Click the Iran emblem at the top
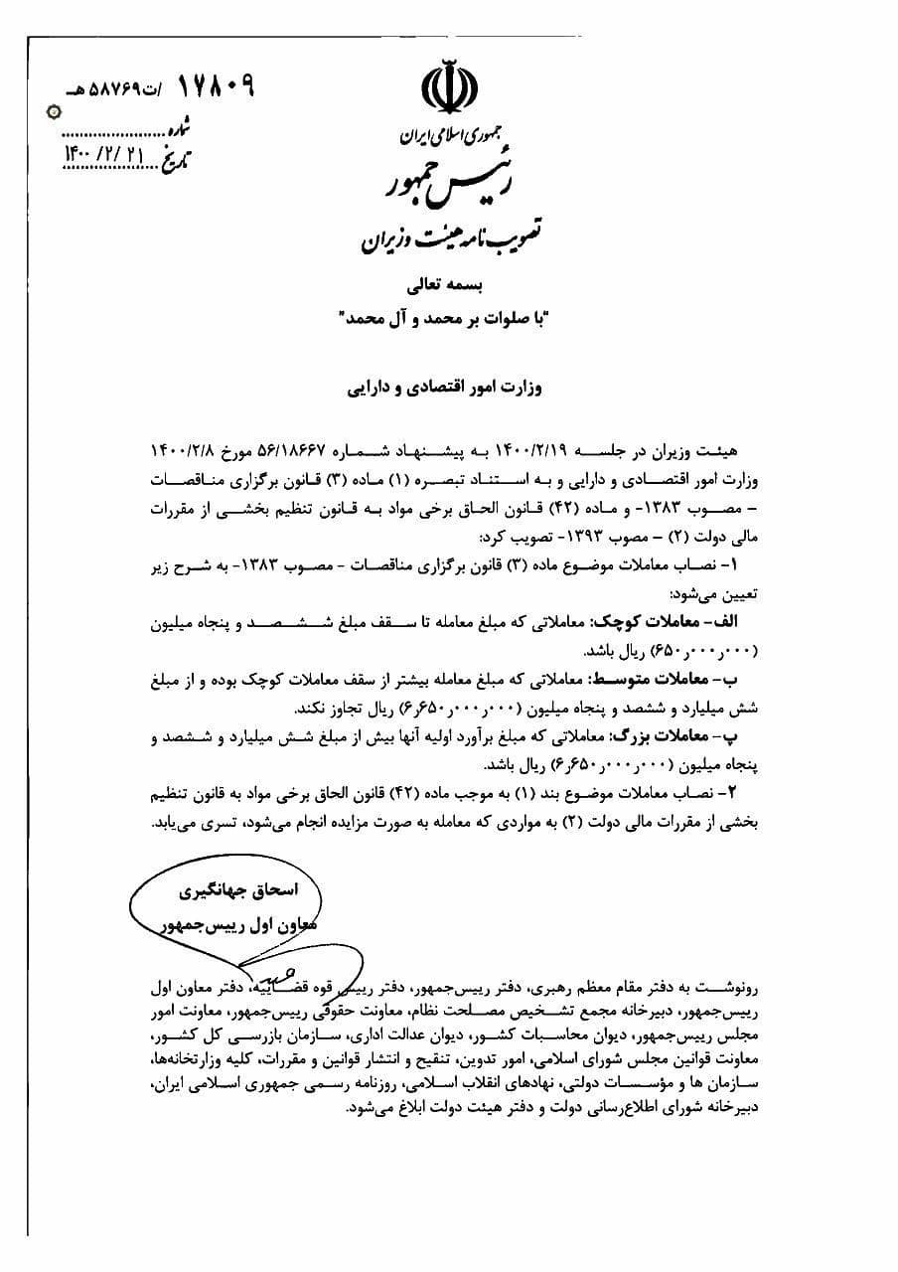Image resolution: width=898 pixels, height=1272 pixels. click(x=448, y=84)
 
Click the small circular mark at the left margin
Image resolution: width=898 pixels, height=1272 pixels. click(x=42, y=112)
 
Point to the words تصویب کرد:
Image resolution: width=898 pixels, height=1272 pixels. click(x=516, y=537)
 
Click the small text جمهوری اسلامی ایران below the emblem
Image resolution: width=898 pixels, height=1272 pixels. click(x=439, y=132)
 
